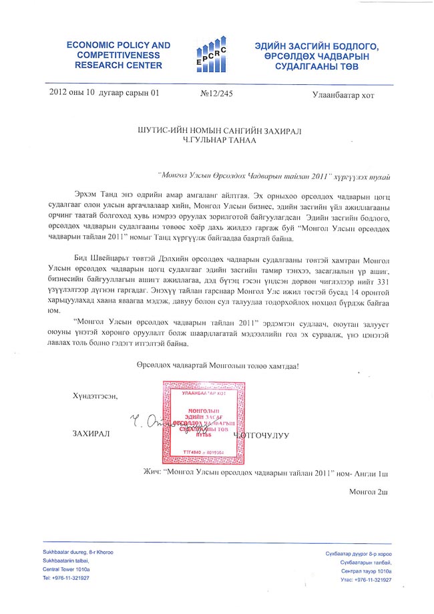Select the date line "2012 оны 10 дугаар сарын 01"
pyautogui.click(x=105, y=94)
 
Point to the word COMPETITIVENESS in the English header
pyautogui.click(x=118, y=55)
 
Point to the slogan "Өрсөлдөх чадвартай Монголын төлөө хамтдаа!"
pyautogui.click(x=214, y=367)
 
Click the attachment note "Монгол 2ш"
pyautogui.click(x=369, y=492)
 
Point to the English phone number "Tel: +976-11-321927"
pyautogui.click(x=66, y=577)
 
